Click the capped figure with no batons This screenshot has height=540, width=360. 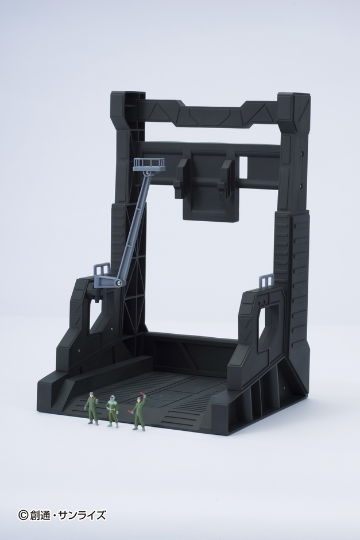click(x=92, y=408)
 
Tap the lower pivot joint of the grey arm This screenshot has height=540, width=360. click(x=118, y=281)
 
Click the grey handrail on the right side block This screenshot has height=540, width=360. click(x=266, y=281)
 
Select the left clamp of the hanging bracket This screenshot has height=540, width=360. click(x=181, y=176)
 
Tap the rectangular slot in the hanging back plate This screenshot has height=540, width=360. click(x=243, y=167)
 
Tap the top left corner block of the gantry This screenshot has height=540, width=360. click(x=126, y=103)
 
